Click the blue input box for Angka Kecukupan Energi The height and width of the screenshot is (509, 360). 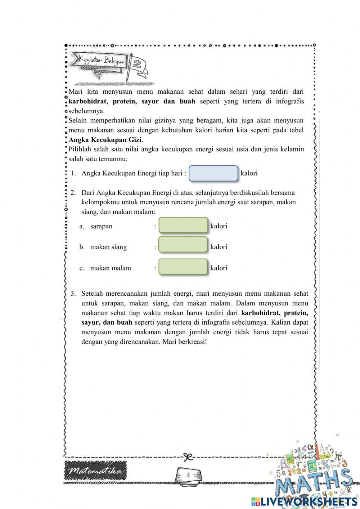click(213, 173)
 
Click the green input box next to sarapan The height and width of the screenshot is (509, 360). click(183, 226)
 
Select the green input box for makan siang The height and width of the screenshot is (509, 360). click(183, 245)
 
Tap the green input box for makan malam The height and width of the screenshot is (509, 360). click(183, 267)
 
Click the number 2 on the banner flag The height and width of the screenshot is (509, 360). click(136, 64)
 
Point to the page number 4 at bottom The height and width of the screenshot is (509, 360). click(188, 475)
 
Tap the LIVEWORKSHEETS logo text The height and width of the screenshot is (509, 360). click(308, 501)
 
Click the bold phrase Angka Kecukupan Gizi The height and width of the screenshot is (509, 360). click(105, 140)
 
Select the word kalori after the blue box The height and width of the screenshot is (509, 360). click(249, 173)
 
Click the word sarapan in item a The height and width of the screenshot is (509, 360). click(101, 226)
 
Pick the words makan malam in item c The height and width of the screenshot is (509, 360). click(111, 268)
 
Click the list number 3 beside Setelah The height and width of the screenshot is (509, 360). click(73, 294)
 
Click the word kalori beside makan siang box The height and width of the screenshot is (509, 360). click(219, 247)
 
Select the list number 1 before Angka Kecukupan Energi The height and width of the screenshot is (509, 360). click(73, 173)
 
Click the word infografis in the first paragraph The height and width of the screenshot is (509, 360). click(290, 101)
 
